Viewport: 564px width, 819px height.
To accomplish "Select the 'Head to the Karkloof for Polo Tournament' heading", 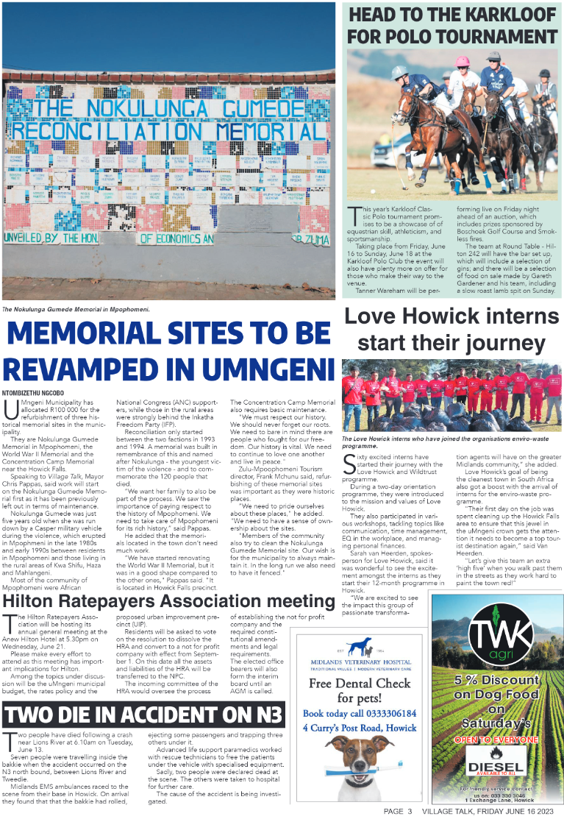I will [x=452, y=26].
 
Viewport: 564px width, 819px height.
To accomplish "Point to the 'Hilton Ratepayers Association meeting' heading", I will [x=168, y=602].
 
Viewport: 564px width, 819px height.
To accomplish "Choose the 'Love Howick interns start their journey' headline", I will [x=452, y=330].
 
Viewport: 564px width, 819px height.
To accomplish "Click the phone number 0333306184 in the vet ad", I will [x=388, y=713].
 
